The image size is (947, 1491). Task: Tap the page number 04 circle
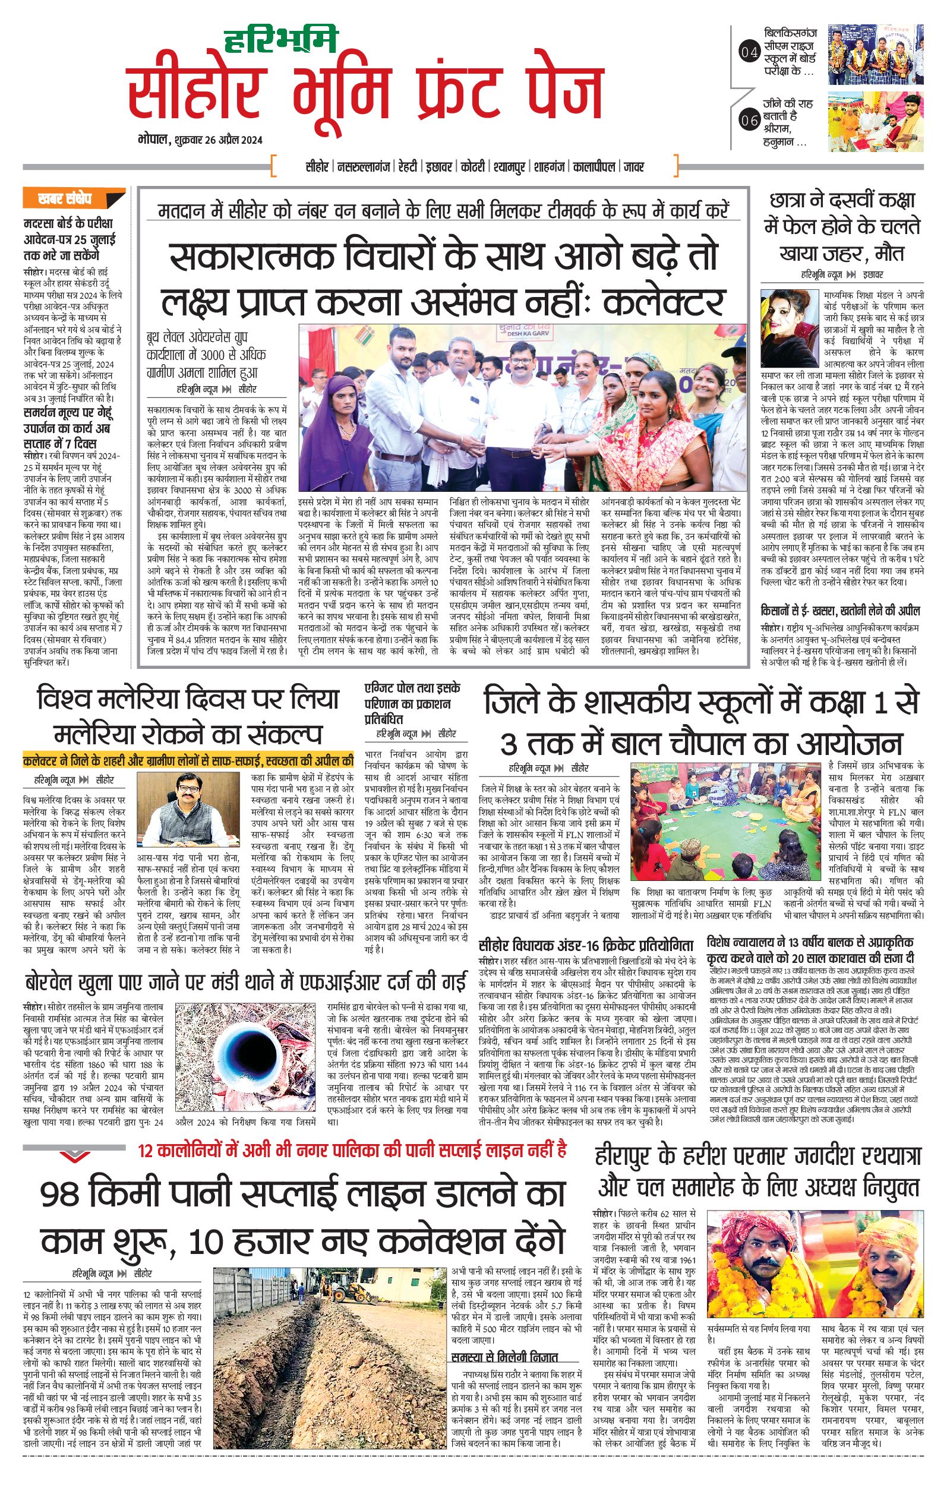(749, 52)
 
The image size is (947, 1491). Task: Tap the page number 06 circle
(749, 120)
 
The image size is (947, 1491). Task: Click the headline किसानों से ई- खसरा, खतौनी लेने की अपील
(841, 611)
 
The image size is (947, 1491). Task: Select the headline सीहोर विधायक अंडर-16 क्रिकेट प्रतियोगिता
(586, 946)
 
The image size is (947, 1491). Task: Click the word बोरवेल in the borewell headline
(57, 983)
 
